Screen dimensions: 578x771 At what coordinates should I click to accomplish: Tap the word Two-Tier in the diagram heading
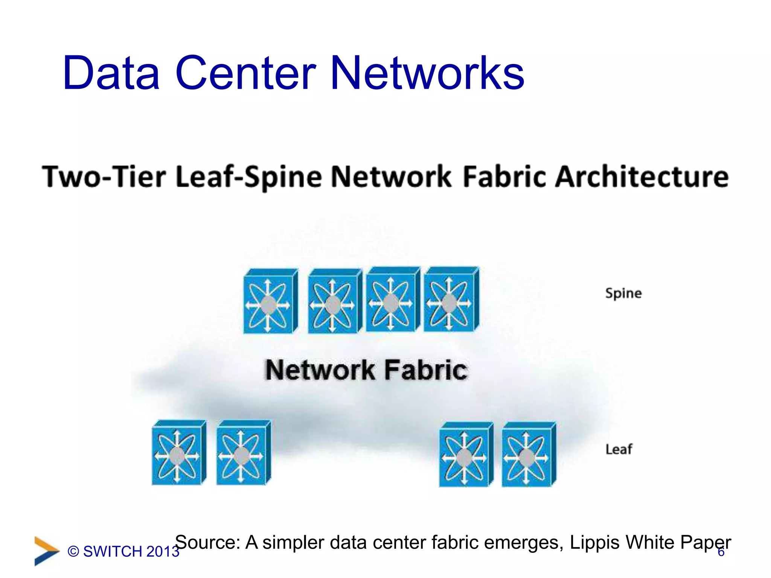pos(104,176)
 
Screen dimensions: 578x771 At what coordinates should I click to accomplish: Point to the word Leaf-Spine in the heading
pos(249,177)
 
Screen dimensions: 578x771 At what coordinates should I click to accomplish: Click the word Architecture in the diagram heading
pos(641,176)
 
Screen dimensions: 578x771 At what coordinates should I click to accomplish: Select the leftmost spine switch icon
pos(270,301)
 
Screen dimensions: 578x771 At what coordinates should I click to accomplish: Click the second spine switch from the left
pos(334,301)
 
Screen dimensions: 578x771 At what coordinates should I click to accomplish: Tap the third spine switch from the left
pos(392,300)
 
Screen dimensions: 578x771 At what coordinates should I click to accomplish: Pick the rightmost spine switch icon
pos(451,300)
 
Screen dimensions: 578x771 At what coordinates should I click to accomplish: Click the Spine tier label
pos(623,293)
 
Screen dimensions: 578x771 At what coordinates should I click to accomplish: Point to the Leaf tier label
pos(619,449)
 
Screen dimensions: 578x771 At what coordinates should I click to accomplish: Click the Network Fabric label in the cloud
pos(366,370)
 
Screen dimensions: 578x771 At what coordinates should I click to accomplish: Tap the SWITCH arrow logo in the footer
pos(46,551)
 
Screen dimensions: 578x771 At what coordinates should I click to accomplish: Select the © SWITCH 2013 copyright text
pos(123,552)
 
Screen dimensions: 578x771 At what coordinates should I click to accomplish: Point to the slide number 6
pos(721,552)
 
